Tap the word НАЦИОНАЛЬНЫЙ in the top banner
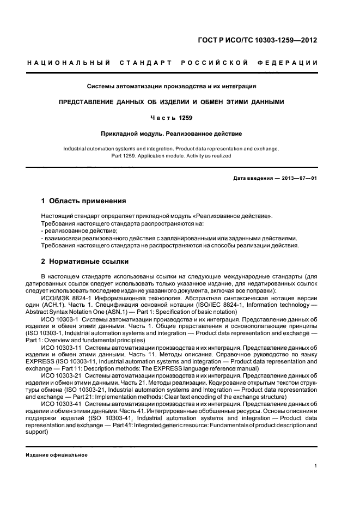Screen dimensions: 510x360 click(69, 63)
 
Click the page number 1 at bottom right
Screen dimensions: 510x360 click(315, 466)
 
